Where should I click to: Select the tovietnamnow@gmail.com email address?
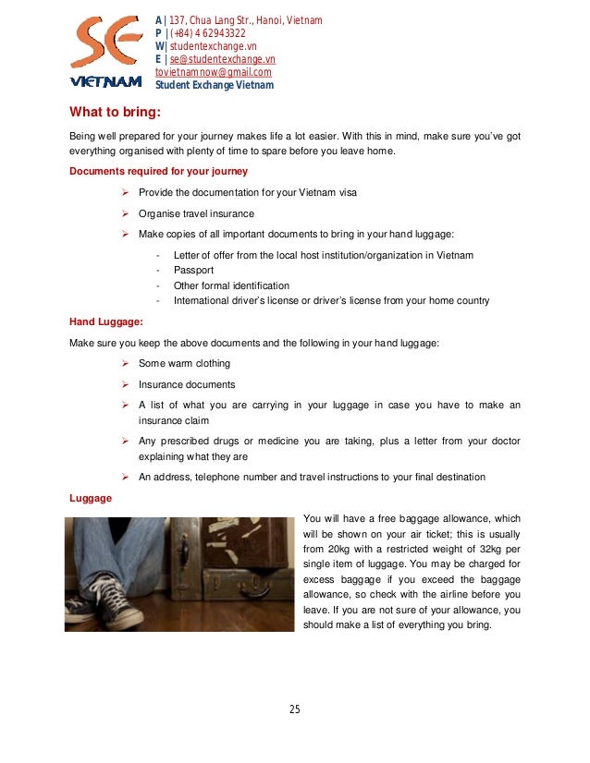pos(213,72)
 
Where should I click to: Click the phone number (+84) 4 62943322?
pos(205,33)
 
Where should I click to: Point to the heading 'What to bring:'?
pos(116,114)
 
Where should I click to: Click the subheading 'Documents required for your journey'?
pos(158,171)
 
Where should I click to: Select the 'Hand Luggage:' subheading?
pos(106,322)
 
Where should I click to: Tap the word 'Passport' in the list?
pos(193,271)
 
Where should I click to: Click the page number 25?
pos(294,709)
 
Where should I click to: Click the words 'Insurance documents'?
pos(186,384)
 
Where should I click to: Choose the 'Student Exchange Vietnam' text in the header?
pos(214,86)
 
